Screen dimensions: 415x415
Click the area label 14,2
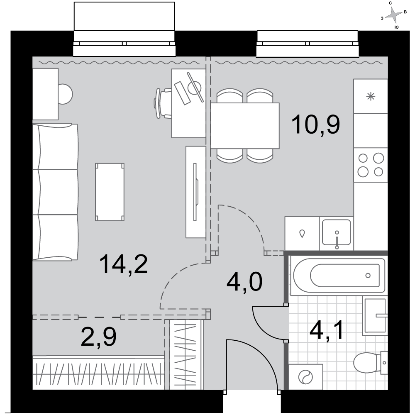123,264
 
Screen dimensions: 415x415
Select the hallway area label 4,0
244,282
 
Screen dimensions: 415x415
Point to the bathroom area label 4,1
327,330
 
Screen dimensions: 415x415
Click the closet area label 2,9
98,337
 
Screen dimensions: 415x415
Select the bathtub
338,275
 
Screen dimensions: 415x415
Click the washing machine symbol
306,377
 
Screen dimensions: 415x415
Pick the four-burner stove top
371,165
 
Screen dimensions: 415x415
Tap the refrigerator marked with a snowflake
371,96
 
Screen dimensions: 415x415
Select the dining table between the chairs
245,126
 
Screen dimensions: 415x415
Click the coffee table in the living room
110,192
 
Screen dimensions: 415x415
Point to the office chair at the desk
163,103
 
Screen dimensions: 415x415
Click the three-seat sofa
56,192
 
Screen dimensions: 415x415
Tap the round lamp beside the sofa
65,94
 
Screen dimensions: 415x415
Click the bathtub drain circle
368,276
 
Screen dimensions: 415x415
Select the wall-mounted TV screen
195,192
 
